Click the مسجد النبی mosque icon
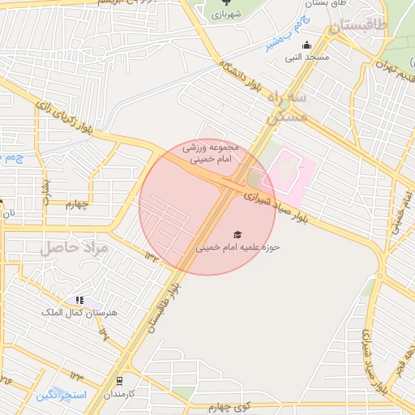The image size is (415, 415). pos(306,45)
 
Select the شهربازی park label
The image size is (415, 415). pos(215,15)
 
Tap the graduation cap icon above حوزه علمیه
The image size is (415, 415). pos(237,233)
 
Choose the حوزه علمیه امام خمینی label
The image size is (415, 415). pos(237,246)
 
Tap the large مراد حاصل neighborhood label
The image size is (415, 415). pos(75,246)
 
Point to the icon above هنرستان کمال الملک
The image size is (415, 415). pos(79,301)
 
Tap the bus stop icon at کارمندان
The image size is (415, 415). pos(120,380)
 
